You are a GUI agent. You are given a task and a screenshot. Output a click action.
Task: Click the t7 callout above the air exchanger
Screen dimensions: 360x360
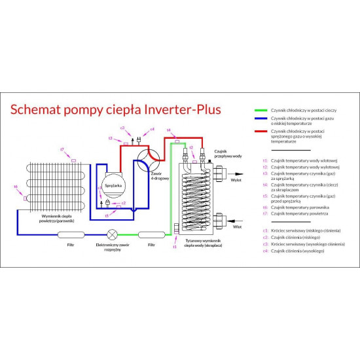point(62,150)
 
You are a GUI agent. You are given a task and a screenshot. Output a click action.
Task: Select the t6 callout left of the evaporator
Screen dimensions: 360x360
point(16,187)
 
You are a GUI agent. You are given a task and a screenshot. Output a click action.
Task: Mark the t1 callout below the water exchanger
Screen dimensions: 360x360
point(175,247)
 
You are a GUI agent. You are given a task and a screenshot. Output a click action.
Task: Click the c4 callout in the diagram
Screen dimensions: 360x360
point(152,130)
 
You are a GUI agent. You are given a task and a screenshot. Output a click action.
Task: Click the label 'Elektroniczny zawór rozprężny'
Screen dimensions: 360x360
point(113,247)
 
